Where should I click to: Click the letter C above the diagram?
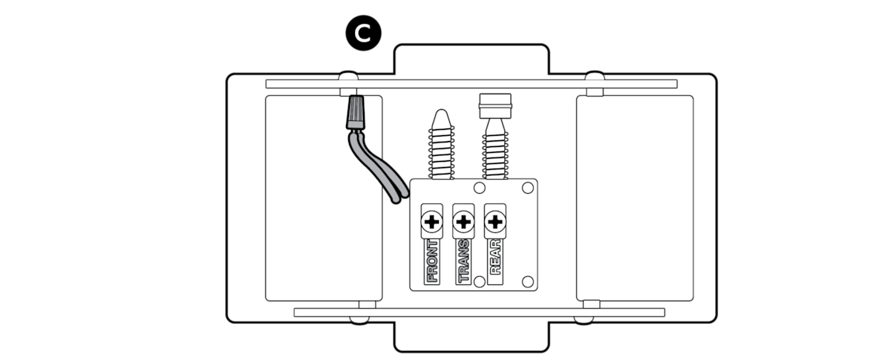pyautogui.click(x=362, y=34)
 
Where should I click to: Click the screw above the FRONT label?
pyautogui.click(x=431, y=221)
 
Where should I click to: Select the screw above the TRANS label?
pyautogui.click(x=463, y=221)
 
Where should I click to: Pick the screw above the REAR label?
pyautogui.click(x=495, y=221)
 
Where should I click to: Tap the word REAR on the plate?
pyautogui.click(x=495, y=256)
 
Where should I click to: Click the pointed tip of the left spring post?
pyautogui.click(x=440, y=118)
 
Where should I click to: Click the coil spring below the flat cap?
pyautogui.click(x=494, y=152)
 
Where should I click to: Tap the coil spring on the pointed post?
pyautogui.click(x=440, y=156)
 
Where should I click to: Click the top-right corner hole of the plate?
pyautogui.click(x=527, y=186)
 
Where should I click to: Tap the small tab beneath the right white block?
pyautogui.click(x=591, y=304)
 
